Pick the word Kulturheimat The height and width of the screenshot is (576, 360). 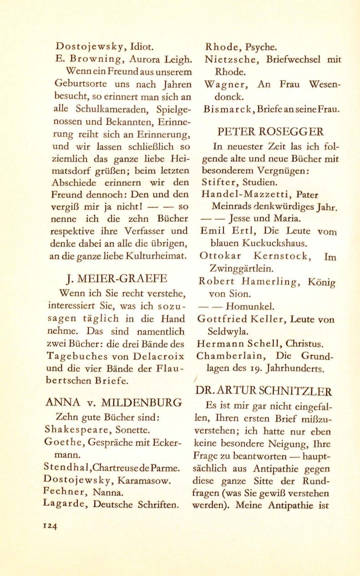click(158, 256)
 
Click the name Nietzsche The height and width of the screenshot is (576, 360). click(231, 59)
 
